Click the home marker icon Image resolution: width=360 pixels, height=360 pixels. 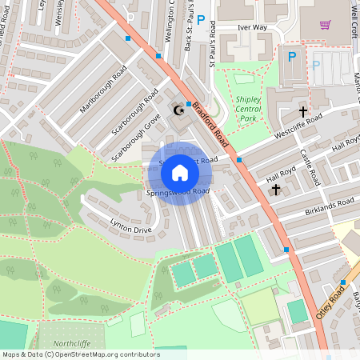tap(180, 173)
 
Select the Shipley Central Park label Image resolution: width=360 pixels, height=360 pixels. tap(248, 108)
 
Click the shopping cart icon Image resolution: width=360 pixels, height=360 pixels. tap(325, 24)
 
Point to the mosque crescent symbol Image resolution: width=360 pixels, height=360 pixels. tap(178, 111)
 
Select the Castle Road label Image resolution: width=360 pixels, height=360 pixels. tap(308, 166)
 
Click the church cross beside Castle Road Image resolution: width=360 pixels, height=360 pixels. tap(303, 111)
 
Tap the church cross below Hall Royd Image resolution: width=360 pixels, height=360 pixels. tap(276, 190)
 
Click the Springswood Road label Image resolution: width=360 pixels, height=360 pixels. tap(178, 192)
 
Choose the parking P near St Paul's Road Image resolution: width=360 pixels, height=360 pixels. tap(201, 20)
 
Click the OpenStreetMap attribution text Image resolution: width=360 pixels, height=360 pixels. tap(81, 354)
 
